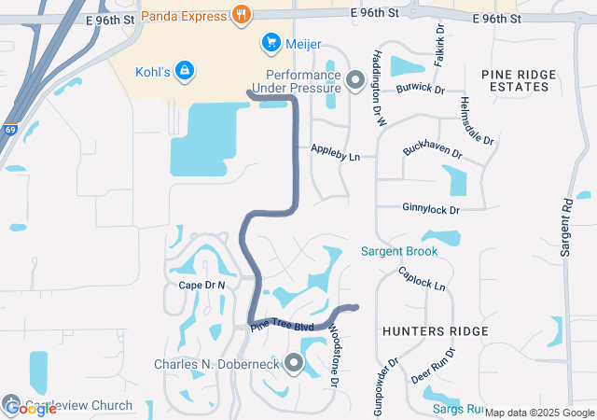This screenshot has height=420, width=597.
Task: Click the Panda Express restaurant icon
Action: click(243, 14)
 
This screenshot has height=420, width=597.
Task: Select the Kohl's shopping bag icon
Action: click(185, 69)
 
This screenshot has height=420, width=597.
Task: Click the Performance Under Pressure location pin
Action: click(354, 80)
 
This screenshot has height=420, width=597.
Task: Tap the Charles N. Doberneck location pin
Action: click(295, 363)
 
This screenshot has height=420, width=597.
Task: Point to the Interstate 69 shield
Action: click(10, 132)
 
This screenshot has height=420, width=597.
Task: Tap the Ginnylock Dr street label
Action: click(431, 208)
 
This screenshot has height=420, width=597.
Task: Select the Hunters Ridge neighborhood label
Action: click(435, 331)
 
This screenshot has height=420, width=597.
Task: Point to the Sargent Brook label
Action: click(399, 251)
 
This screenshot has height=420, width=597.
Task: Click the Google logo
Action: click(30, 408)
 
